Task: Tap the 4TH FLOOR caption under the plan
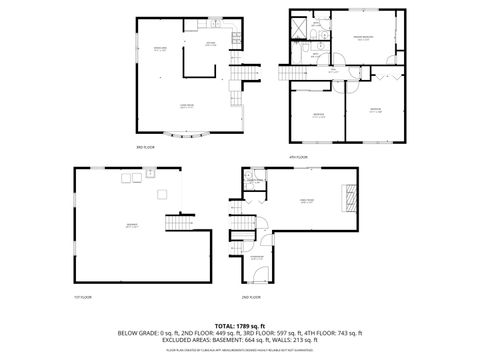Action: pos(297,157)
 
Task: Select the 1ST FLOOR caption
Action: pos(83,297)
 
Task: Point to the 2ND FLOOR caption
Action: pos(254,297)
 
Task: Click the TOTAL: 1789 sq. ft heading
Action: pos(240,326)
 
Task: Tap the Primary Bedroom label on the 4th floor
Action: pos(362,39)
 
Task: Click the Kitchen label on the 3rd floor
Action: pos(211,44)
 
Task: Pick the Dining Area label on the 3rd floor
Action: pos(158,49)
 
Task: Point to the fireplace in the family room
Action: pos(349,197)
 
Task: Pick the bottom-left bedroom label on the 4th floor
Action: pos(317,113)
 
